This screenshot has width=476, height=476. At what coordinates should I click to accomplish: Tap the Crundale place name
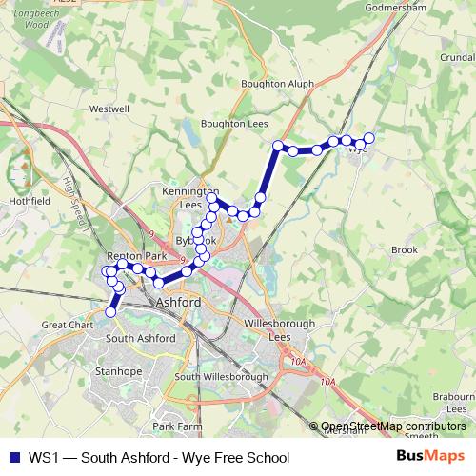coord(458,56)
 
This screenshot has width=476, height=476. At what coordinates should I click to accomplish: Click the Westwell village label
coord(109,109)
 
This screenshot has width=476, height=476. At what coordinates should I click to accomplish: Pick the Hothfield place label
coord(29,202)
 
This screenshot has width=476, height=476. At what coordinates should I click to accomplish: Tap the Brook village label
coord(405,250)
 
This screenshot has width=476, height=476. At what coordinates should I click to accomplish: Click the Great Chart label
coord(66,325)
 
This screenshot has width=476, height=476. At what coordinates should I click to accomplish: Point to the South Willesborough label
coord(221,377)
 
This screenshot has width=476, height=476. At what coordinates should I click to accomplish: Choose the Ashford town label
coord(177,302)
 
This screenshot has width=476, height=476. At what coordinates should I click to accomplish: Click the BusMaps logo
coord(429,456)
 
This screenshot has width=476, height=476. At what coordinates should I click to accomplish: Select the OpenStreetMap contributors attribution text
coord(393,426)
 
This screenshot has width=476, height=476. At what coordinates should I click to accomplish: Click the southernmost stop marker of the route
coord(110,311)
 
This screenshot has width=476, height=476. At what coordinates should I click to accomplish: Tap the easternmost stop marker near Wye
coord(369,138)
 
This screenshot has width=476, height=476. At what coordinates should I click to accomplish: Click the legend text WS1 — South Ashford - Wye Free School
coord(158,457)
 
